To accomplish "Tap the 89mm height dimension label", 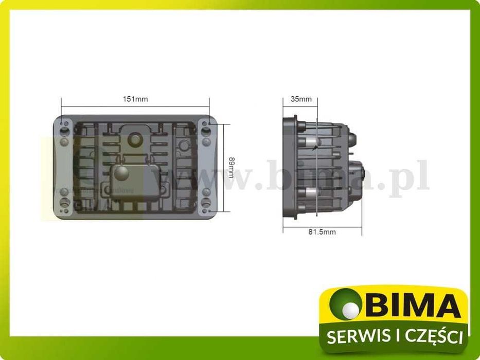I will click(x=232, y=168).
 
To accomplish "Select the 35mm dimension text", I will click(x=301, y=99).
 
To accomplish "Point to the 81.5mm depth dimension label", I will click(x=322, y=232).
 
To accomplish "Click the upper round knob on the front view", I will click(x=136, y=139).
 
